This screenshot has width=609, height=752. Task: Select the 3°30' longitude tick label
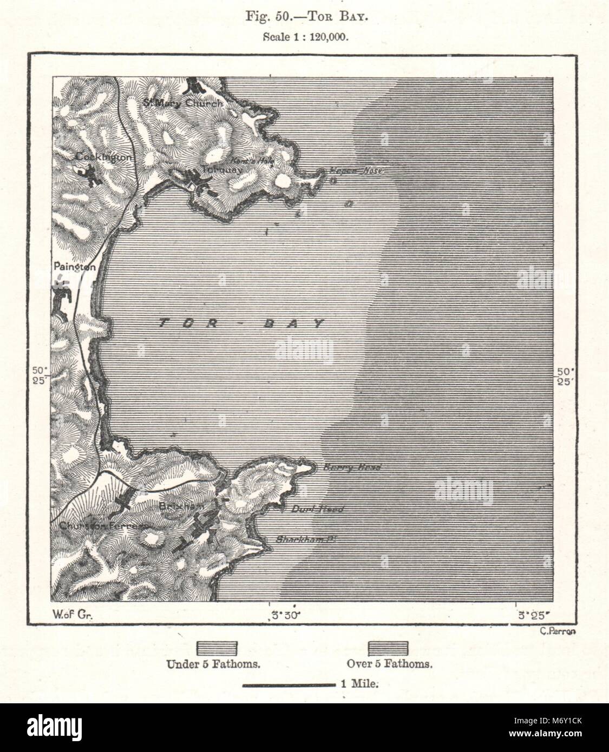pos(285,615)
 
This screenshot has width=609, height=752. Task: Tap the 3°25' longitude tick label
pos(534,615)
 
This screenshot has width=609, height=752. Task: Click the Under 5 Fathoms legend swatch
pos(217,649)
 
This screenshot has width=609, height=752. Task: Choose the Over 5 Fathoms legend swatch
pos(388,649)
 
